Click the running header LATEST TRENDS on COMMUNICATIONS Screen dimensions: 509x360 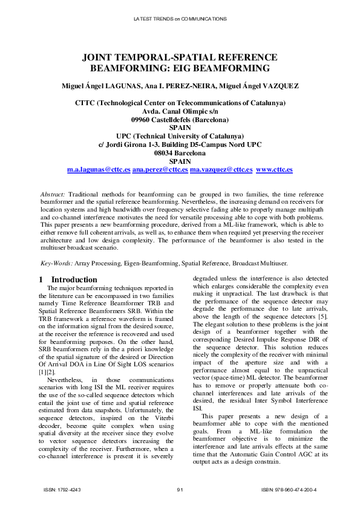(x=180, y=19)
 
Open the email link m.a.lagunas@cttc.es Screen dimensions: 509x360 (x=99, y=170)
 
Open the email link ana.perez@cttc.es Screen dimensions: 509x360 (x=160, y=170)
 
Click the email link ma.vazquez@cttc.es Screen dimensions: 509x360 (x=221, y=170)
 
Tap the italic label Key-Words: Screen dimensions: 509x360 (x=56, y=263)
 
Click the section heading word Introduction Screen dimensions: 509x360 (x=74, y=280)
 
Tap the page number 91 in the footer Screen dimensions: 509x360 (x=180, y=490)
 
